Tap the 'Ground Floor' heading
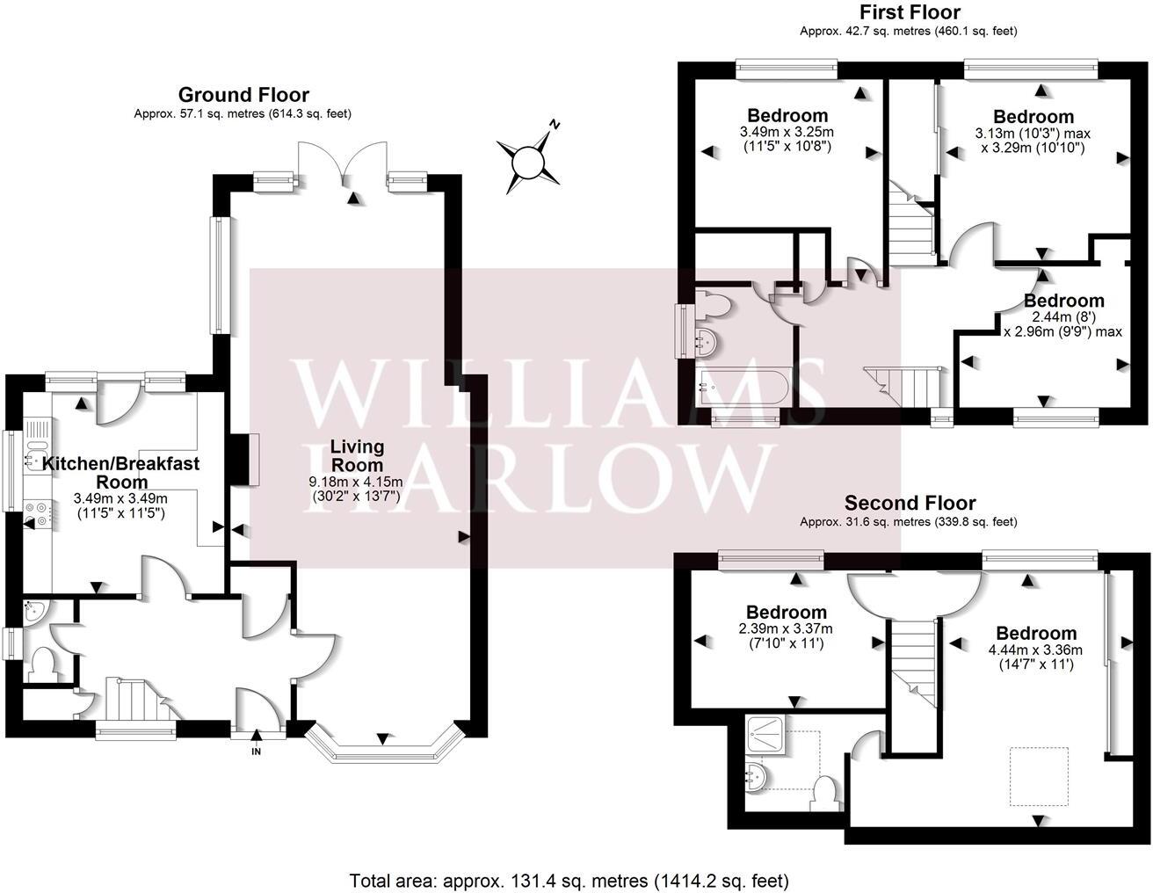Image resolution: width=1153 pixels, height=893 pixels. pos(243,95)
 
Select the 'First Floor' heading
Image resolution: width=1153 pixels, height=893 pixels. pos(909,12)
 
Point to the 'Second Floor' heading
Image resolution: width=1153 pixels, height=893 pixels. pos(910,503)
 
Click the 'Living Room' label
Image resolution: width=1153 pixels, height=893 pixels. pos(357,455)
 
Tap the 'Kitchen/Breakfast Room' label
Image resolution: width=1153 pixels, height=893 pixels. pos(122,472)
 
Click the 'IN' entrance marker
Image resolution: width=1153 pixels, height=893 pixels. pos(257,752)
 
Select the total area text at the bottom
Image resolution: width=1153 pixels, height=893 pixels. pos(569,880)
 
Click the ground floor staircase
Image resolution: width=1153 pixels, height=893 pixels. pos(135,699)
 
